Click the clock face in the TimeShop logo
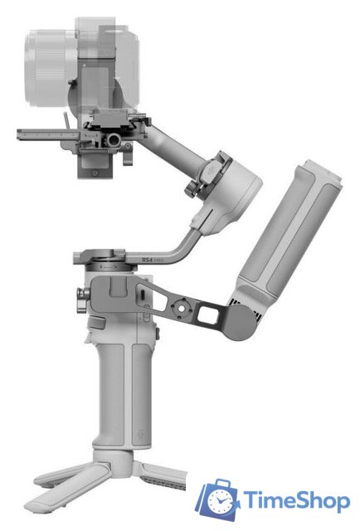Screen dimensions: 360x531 click(x=220, y=501)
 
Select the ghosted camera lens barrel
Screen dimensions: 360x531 click(x=51, y=68)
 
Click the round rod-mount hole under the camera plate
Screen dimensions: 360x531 click(x=114, y=139)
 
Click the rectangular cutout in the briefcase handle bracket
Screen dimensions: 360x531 click(x=209, y=314)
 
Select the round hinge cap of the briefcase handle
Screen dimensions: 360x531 click(x=240, y=322)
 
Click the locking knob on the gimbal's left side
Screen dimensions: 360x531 click(x=81, y=300)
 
